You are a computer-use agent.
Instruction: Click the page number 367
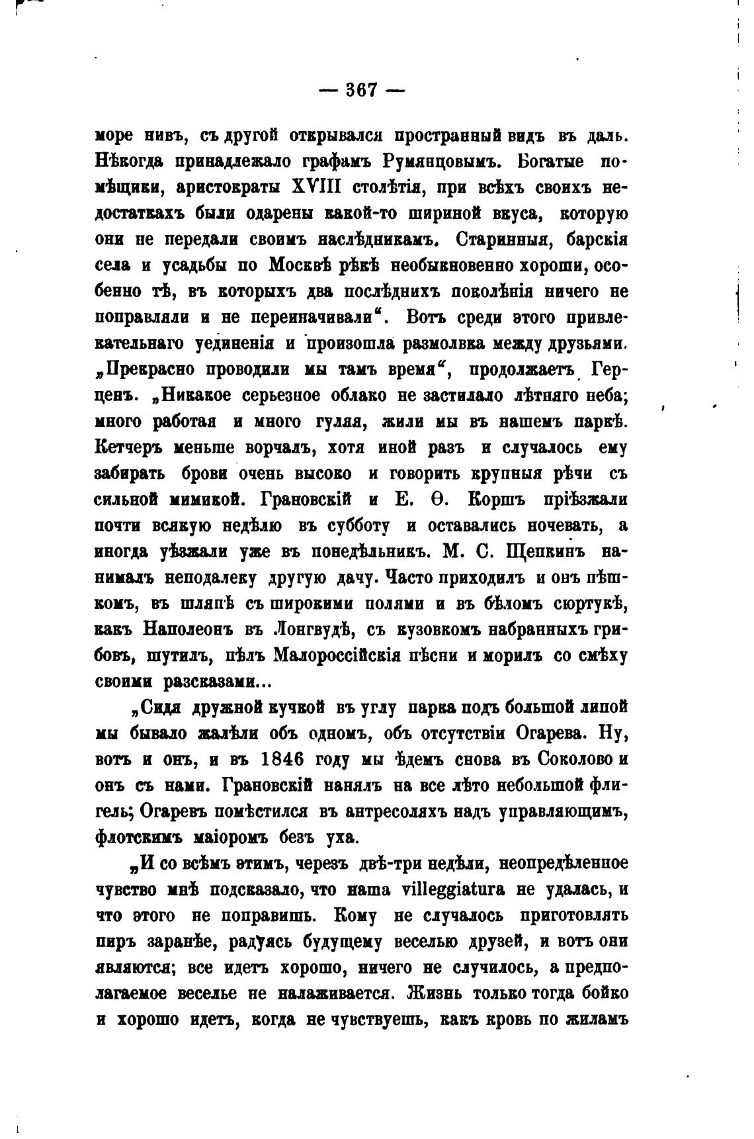point(360,89)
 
